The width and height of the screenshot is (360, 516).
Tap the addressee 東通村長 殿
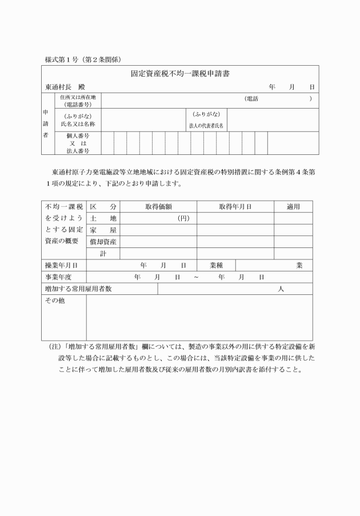(65, 87)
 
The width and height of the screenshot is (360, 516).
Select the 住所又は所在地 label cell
(78, 98)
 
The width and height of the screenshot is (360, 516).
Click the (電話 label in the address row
(251, 98)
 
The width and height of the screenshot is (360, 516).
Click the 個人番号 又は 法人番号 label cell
(78, 143)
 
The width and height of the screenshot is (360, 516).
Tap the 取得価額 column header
(158, 206)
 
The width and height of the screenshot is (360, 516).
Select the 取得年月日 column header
(235, 206)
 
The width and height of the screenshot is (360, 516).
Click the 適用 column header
(293, 206)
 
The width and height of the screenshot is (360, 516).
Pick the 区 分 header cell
(103, 206)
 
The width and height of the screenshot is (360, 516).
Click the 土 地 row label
(103, 218)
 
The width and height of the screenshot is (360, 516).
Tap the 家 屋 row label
(103, 230)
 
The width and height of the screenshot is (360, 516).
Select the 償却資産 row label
(103, 242)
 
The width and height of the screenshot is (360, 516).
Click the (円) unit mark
(183, 218)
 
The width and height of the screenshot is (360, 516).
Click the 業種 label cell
(216, 265)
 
